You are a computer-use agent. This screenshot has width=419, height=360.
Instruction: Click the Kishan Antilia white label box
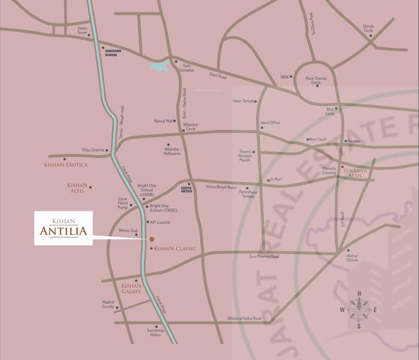coord(63,228)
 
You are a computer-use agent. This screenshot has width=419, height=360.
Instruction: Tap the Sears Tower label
coord(82,30)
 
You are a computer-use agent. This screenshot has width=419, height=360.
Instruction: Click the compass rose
coord(359,309)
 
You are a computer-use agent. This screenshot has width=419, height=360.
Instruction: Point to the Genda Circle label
coord(368,28)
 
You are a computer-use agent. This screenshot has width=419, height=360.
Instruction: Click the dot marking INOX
coord(291,76)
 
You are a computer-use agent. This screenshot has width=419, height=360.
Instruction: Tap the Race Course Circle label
coord(316,81)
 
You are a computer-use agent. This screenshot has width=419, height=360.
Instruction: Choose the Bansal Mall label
coord(164,121)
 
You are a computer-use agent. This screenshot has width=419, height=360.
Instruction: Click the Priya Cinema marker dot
coord(107,150)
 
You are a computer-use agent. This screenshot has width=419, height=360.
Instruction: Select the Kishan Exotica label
coord(66,165)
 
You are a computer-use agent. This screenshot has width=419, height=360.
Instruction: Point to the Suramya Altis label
coord(355,173)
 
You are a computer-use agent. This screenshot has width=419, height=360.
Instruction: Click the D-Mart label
coord(276,180)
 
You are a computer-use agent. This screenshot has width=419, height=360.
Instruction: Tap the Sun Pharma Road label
coord(264,257)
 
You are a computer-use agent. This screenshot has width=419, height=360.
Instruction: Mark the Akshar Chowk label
coord(352,258)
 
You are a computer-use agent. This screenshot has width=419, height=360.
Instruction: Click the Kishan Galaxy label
coord(131,289)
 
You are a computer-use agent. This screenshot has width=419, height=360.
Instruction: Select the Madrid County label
coord(108,304)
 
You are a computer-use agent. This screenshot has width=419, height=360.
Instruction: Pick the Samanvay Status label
coord(156,332)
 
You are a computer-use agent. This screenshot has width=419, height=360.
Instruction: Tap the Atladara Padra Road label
coord(244,318)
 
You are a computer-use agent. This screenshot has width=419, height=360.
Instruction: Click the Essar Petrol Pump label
coord(123,203)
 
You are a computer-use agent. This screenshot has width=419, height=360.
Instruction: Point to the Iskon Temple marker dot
coord(255,101)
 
